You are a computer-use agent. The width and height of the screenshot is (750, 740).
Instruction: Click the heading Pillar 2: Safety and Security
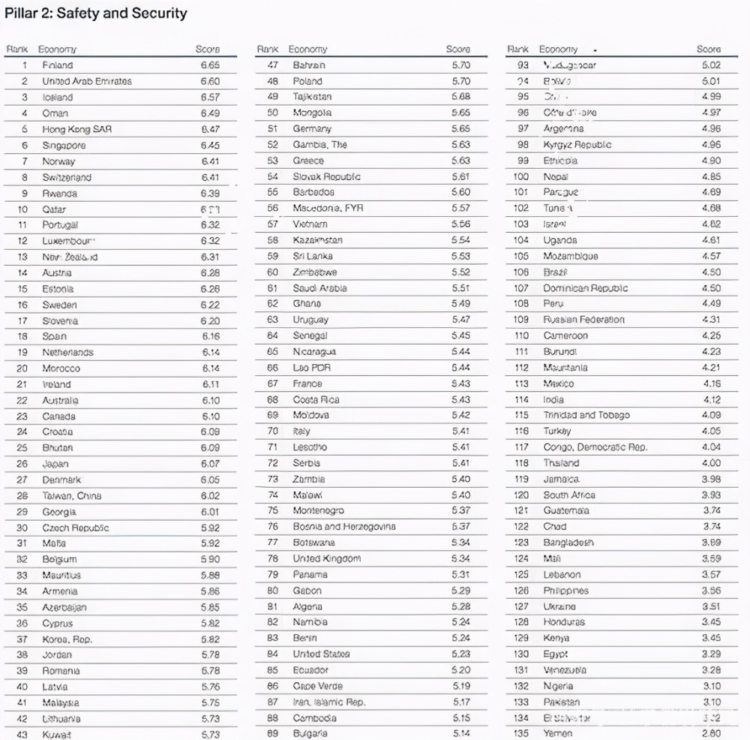(96, 14)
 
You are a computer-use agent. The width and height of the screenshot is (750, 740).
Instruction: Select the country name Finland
(57, 65)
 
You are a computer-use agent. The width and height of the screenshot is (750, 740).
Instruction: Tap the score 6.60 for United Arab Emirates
(210, 81)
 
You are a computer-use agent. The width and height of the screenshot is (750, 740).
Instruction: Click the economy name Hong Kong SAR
(76, 129)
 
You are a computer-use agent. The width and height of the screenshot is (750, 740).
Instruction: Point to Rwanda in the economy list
(59, 193)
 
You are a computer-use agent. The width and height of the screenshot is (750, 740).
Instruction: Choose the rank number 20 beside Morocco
(22, 368)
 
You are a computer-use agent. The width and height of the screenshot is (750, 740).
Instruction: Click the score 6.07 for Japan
(210, 464)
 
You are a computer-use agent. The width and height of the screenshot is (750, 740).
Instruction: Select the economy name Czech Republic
(75, 528)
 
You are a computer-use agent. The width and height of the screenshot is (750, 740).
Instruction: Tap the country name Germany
(312, 128)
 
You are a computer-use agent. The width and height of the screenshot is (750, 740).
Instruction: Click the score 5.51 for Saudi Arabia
(460, 288)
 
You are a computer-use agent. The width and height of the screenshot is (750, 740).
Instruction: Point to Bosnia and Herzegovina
(344, 527)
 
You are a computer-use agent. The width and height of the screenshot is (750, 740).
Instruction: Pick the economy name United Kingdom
(326, 558)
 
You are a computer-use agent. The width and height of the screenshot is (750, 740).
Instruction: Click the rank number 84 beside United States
(273, 654)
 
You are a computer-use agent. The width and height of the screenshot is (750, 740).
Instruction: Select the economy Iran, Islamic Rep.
(329, 702)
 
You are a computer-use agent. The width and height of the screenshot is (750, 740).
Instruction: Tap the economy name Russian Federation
(584, 320)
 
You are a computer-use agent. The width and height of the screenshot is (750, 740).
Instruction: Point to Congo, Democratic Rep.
(595, 447)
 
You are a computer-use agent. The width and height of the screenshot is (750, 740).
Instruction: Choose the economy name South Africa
(569, 495)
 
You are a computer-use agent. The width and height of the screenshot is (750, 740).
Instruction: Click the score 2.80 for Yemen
(710, 733)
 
